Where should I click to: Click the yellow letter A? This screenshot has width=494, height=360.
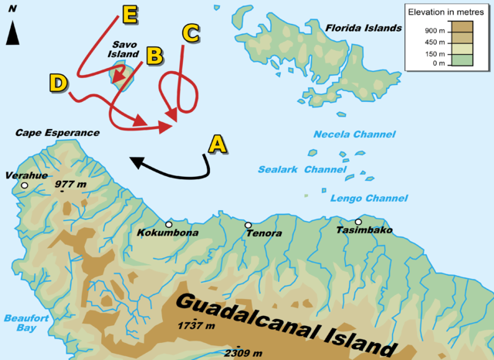[x=218, y=144]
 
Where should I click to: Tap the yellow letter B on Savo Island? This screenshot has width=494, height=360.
[x=154, y=56]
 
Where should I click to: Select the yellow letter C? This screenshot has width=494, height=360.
[x=191, y=33]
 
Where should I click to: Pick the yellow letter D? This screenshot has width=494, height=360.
[x=58, y=82]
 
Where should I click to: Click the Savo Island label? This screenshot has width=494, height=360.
[x=125, y=50]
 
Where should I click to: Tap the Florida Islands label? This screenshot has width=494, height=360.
[x=364, y=28]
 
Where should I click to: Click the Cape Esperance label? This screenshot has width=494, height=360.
[x=57, y=133]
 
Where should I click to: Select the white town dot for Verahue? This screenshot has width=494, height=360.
[x=25, y=186]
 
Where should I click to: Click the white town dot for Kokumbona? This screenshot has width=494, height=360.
[x=168, y=224]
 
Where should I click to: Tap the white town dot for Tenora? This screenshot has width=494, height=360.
[x=248, y=226]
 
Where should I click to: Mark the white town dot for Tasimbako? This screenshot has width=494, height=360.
[x=358, y=222]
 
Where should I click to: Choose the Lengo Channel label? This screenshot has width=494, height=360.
[x=357, y=199]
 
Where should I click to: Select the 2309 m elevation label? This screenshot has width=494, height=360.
[x=243, y=353]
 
